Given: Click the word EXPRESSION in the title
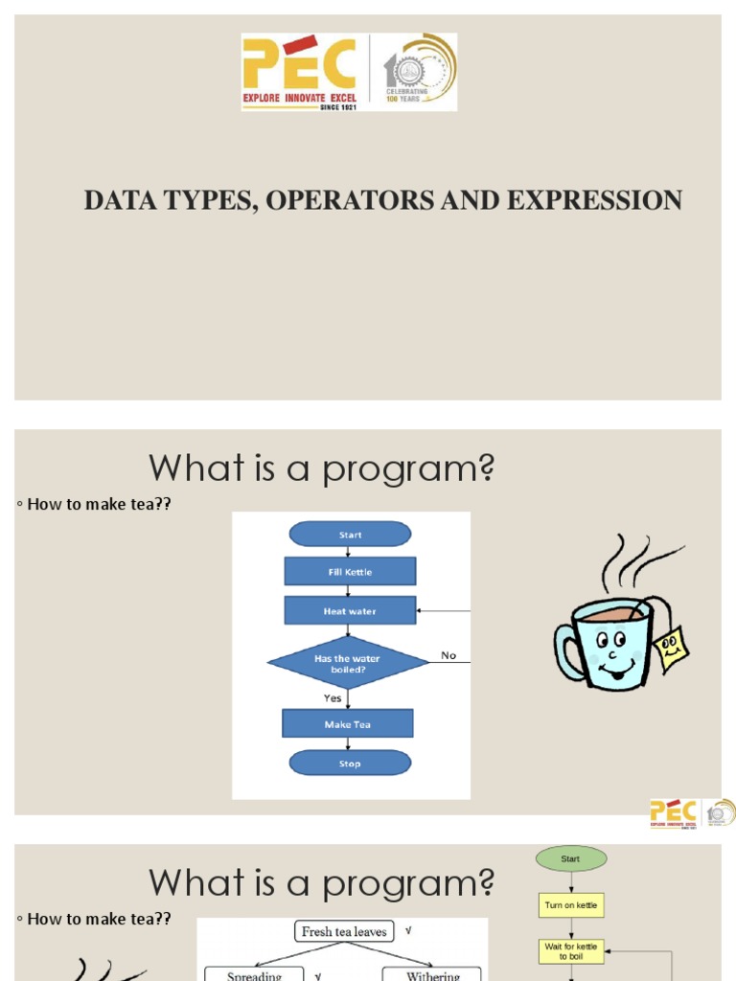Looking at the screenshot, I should [x=594, y=200].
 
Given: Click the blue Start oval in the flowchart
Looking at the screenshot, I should [x=350, y=535].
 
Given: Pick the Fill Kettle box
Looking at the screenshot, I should [x=350, y=572].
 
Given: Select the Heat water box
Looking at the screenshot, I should [x=350, y=610].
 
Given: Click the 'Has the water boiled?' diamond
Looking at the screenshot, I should [x=347, y=663].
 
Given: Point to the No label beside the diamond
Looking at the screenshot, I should [x=448, y=655].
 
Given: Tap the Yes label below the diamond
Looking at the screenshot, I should [x=333, y=698].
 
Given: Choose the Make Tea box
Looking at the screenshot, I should [x=347, y=724].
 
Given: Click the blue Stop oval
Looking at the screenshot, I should [x=350, y=764].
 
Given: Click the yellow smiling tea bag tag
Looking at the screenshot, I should [x=673, y=648].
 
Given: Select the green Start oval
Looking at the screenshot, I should [x=570, y=859].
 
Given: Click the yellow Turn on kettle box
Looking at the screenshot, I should [x=571, y=905].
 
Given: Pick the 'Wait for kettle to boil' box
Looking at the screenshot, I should [x=571, y=950].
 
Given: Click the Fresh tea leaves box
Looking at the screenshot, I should [x=344, y=931].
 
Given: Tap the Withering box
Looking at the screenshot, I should [x=433, y=975].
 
